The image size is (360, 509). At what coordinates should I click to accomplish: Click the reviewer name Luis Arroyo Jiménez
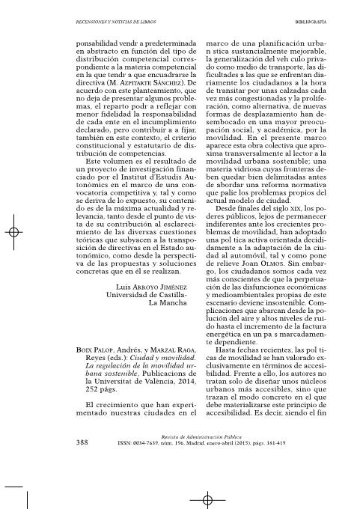click(x=152, y=264)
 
